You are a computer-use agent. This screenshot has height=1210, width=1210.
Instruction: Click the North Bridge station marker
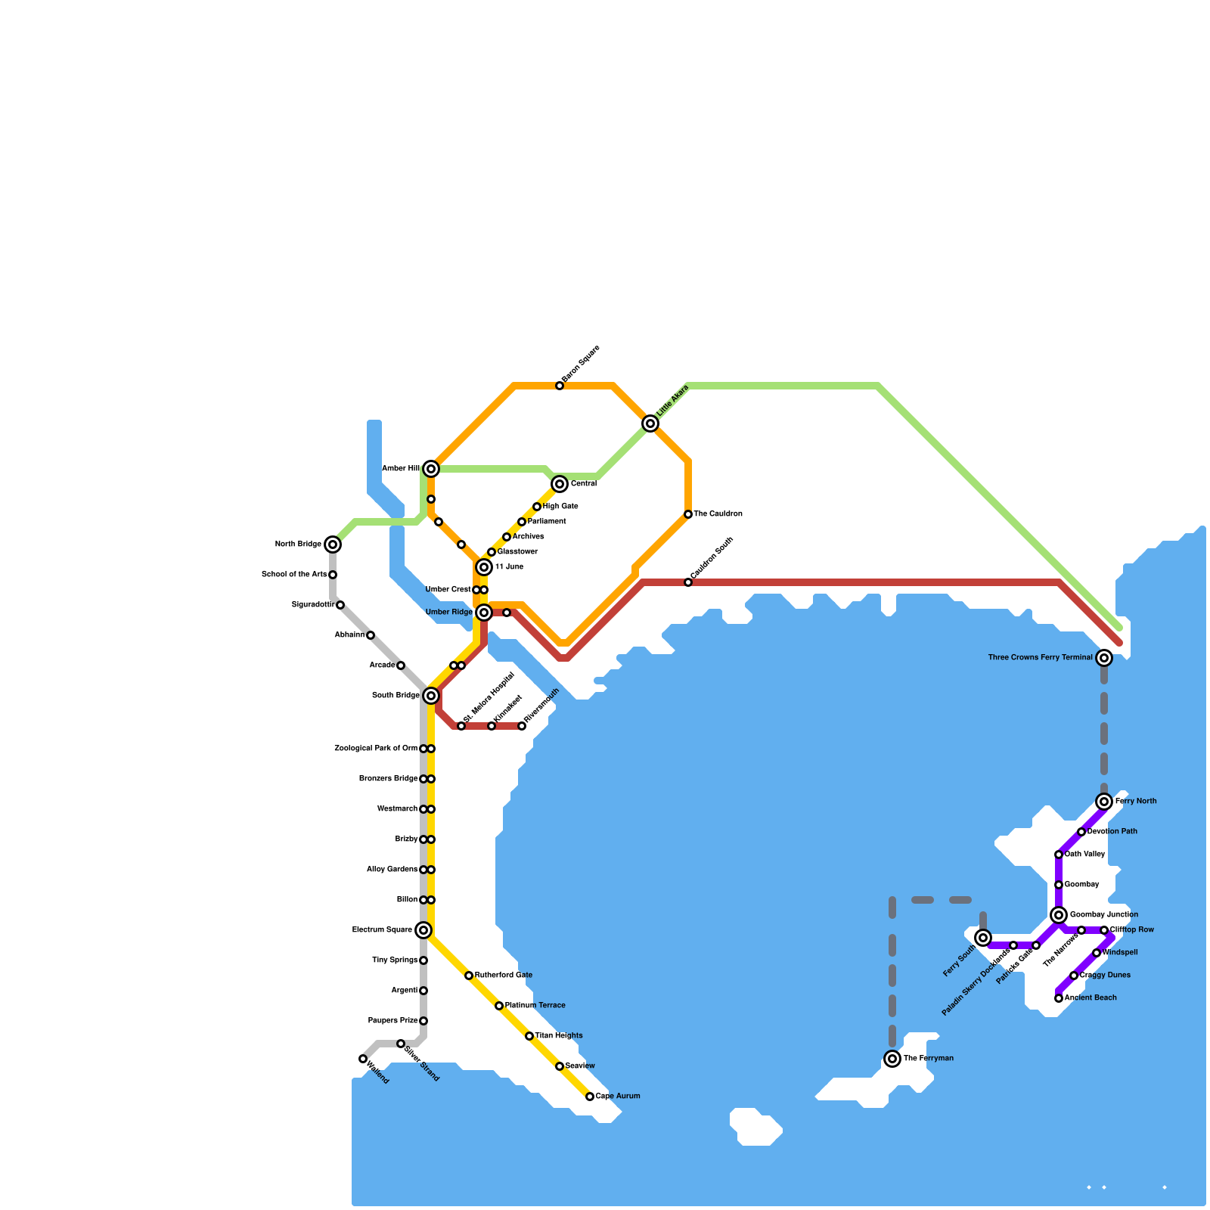(333, 544)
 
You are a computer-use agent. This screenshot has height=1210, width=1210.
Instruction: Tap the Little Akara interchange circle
(650, 423)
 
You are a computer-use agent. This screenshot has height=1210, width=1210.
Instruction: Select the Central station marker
(560, 484)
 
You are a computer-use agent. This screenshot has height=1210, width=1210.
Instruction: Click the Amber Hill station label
(401, 469)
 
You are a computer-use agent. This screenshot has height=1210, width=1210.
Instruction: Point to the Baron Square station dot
(560, 386)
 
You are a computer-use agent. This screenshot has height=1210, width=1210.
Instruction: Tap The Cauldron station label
(718, 514)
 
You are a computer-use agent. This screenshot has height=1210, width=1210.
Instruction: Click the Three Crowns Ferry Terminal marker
(1104, 658)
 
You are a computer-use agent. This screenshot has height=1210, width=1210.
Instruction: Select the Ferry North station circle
(1104, 802)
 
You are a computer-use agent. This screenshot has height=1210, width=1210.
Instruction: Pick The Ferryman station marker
(892, 1059)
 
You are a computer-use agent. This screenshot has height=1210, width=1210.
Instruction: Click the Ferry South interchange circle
(983, 938)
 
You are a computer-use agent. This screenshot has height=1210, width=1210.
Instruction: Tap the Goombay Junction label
(1103, 915)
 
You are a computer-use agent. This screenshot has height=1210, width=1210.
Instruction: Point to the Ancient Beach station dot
(1059, 998)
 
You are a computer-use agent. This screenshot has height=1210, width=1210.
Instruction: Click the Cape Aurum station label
(617, 1097)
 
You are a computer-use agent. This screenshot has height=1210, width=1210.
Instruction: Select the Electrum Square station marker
(423, 930)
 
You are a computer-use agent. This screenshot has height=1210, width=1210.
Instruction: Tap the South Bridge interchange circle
(431, 696)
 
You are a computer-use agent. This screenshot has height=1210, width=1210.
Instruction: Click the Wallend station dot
(363, 1059)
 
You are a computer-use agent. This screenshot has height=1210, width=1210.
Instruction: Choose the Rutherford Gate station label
(503, 976)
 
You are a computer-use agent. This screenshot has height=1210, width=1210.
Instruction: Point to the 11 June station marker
(484, 567)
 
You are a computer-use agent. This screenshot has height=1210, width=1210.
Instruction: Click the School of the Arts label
(294, 575)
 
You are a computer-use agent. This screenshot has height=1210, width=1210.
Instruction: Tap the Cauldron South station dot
(688, 582)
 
